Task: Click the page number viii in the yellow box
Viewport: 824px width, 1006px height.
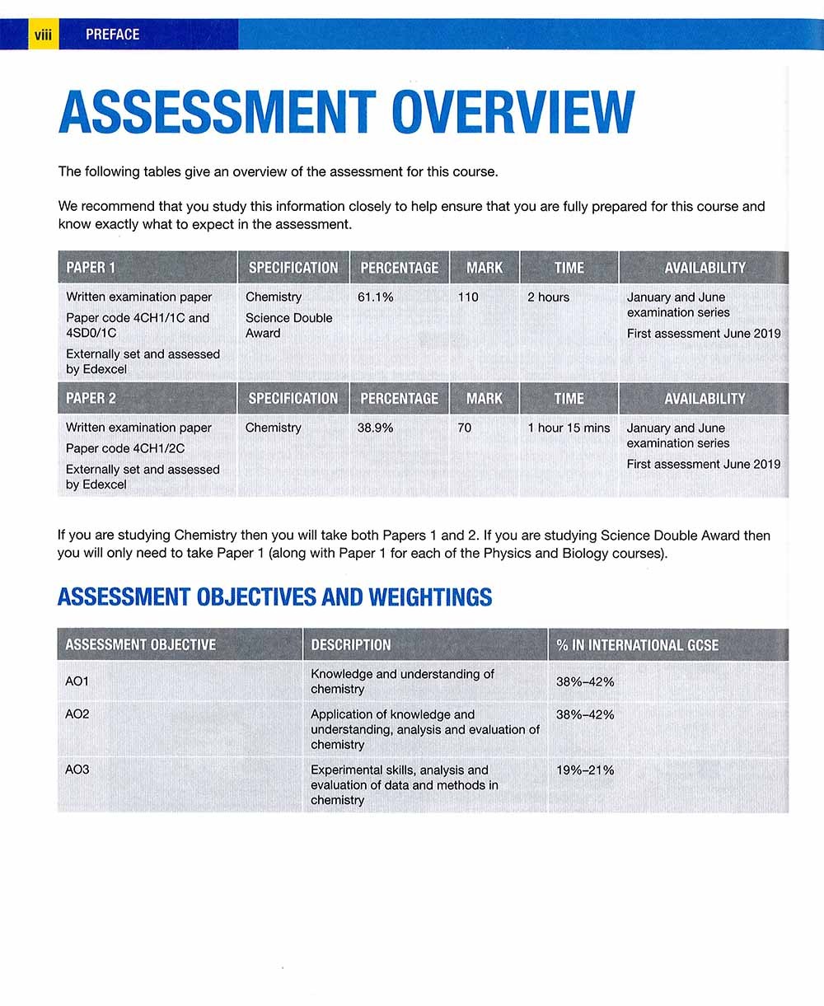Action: tap(42, 35)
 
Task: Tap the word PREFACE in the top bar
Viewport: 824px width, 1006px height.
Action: tap(112, 35)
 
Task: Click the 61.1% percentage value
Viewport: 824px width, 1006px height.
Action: tap(375, 297)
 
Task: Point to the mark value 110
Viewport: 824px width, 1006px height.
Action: tap(467, 297)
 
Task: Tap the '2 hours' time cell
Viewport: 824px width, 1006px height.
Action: tap(548, 297)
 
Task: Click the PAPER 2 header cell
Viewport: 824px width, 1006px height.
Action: tap(91, 399)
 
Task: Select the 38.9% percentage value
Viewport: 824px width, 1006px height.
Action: tap(375, 428)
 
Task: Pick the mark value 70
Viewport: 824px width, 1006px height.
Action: tap(465, 428)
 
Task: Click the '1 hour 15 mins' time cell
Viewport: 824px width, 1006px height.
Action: tap(569, 428)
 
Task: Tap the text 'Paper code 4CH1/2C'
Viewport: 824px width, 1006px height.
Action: tap(125, 448)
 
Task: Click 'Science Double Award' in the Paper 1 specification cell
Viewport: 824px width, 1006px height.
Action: tap(288, 325)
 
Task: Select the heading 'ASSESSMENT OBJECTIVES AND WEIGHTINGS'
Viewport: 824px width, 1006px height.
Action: tap(274, 597)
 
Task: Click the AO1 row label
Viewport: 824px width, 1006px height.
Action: tap(77, 681)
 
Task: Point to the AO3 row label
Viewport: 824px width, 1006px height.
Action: tap(77, 770)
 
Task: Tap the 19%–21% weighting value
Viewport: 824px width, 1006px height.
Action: tap(585, 770)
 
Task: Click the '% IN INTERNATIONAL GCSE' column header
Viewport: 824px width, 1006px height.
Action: tap(637, 645)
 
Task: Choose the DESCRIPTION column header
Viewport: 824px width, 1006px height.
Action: tap(350, 645)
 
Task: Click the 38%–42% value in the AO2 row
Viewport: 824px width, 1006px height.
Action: tap(585, 714)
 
